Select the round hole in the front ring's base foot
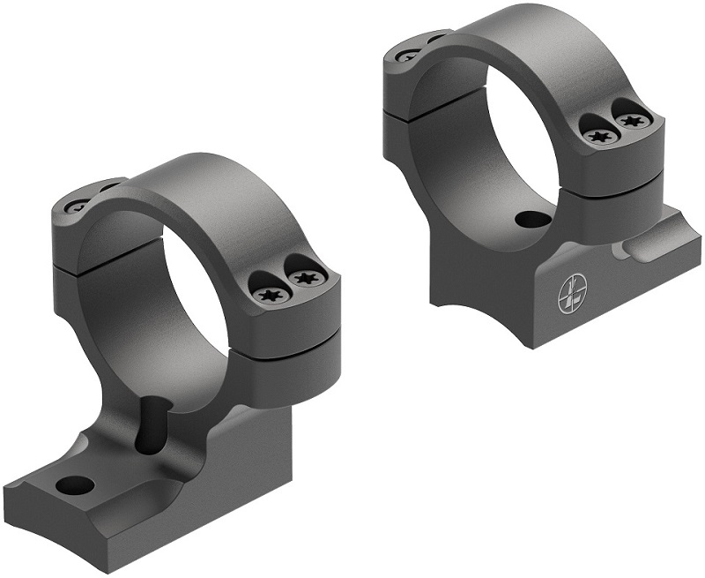click(73, 484)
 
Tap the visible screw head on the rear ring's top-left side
click(407, 56)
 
